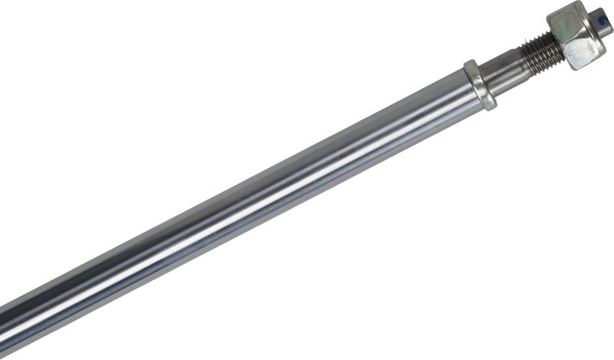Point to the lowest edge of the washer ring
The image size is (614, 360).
(488, 107)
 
